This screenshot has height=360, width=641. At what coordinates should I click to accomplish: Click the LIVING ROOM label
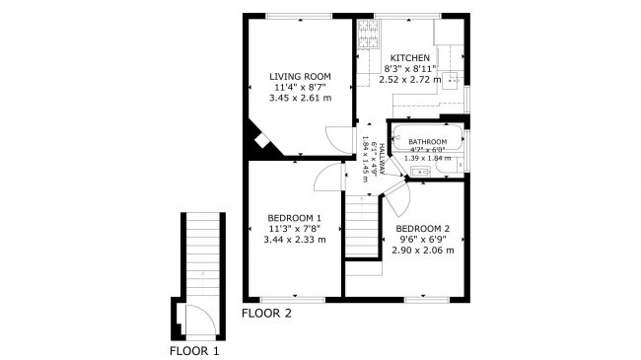[300, 76]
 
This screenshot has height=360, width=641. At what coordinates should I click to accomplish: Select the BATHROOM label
[428, 142]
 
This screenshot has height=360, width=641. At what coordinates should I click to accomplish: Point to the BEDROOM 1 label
[295, 217]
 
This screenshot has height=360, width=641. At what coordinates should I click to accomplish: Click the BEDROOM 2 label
[425, 227]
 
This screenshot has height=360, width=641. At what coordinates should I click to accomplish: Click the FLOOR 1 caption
[194, 350]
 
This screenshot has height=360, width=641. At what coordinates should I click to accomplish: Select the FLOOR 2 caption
[266, 314]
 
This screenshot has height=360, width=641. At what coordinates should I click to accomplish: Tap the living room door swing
[341, 140]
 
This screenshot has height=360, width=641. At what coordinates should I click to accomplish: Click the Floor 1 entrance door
[194, 320]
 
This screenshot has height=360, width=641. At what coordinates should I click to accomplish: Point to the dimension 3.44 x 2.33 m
[295, 240]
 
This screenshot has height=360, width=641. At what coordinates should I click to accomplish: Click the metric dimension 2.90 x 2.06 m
[425, 251]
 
